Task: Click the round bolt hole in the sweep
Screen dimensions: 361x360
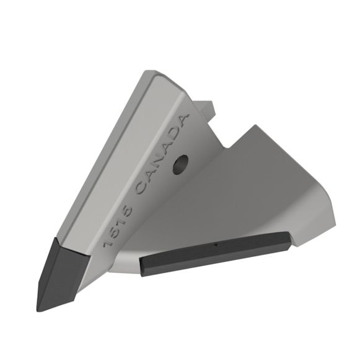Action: pyautogui.click(x=181, y=163)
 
